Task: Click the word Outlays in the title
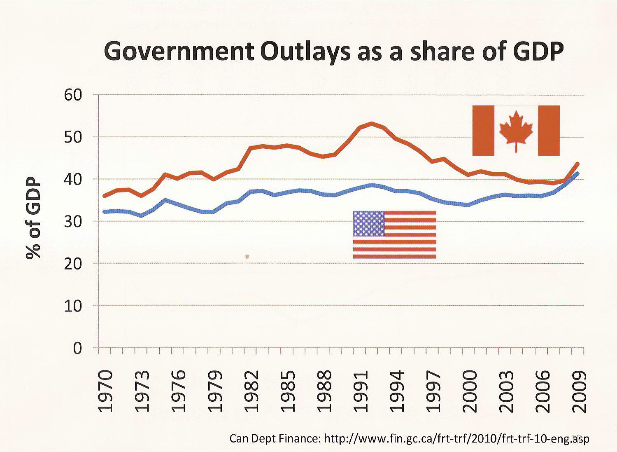click(x=305, y=52)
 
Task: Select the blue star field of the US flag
click(x=369, y=224)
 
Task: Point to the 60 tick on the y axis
click(x=73, y=95)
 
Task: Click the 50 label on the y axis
click(x=73, y=137)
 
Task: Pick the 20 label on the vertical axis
click(x=73, y=264)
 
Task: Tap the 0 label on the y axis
click(x=77, y=348)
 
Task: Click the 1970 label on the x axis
click(x=106, y=391)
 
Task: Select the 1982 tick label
click(x=251, y=391)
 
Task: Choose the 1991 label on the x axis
click(x=361, y=391)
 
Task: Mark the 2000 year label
click(x=470, y=391)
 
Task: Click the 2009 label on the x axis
click(x=579, y=391)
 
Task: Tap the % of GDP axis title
click(x=34, y=218)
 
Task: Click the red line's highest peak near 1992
click(x=371, y=123)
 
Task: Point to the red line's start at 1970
click(x=105, y=196)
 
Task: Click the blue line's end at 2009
click(x=577, y=173)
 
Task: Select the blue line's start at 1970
click(x=105, y=212)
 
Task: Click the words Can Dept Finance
click(x=274, y=438)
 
